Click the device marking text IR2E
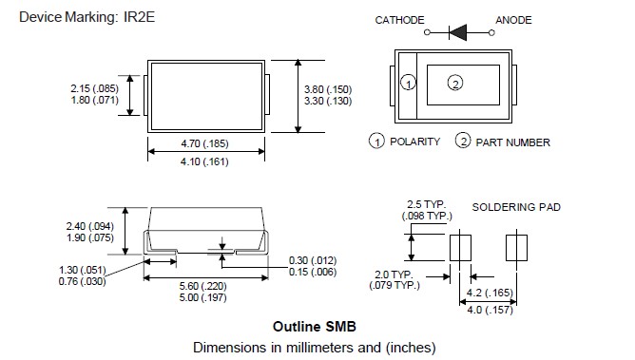pyautogui.click(x=139, y=17)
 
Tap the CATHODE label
pyautogui.click(x=399, y=20)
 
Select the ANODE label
pyautogui.click(x=513, y=20)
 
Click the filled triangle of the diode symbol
pyautogui.click(x=458, y=32)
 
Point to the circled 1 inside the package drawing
pyautogui.click(x=408, y=83)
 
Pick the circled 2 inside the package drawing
pyautogui.click(x=455, y=83)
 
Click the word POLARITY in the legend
pyautogui.click(x=414, y=142)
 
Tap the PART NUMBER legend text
pyautogui.click(x=512, y=142)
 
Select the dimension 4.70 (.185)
pyautogui.click(x=205, y=143)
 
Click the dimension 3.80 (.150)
pyautogui.click(x=328, y=89)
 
